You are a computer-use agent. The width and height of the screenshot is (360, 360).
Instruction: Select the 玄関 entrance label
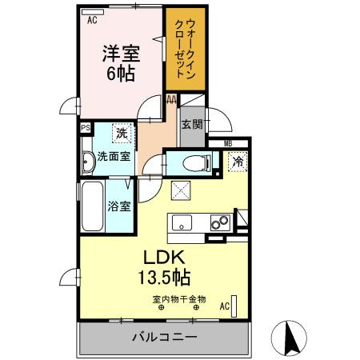coord(191,124)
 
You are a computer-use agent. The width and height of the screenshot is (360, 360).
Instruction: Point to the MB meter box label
coord(228,144)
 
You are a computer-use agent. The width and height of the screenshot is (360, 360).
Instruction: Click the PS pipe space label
coord(85,126)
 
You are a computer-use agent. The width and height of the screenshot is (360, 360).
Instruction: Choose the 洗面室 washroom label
coord(114,157)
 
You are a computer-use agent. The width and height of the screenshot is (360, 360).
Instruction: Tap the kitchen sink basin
coord(180,222)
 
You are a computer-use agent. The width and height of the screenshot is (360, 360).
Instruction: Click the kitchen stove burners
coord(217,222)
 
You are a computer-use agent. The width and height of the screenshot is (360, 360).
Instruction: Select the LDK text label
coord(165,258)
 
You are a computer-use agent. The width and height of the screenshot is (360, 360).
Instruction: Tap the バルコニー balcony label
coord(164,338)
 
